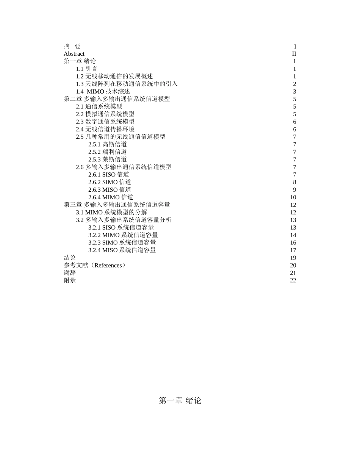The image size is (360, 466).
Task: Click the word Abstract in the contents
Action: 74,54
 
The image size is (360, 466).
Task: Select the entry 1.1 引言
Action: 86,69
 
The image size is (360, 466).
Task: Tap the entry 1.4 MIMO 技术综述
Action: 103,91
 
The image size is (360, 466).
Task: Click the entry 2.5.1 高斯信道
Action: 108,144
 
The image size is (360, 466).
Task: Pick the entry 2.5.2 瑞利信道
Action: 108,152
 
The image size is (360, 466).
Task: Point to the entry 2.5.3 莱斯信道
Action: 108,160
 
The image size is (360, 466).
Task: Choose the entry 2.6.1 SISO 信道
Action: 109,175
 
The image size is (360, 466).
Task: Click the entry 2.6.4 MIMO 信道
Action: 111,197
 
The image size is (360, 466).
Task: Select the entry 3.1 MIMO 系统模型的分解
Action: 111,213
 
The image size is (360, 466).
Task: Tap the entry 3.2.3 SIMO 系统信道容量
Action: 122,243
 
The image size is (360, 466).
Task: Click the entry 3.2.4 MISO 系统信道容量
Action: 122,250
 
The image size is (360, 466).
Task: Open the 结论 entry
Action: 70,258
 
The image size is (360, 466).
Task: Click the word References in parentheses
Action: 108,265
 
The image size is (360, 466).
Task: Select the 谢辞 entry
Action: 70,273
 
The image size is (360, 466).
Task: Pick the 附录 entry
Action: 70,280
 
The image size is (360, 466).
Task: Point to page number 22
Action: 293,280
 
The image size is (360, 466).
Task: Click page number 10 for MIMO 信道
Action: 293,197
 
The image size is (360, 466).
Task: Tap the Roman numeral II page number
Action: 294,54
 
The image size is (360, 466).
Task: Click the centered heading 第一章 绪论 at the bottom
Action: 180,400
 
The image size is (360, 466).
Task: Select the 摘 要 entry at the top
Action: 72,46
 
